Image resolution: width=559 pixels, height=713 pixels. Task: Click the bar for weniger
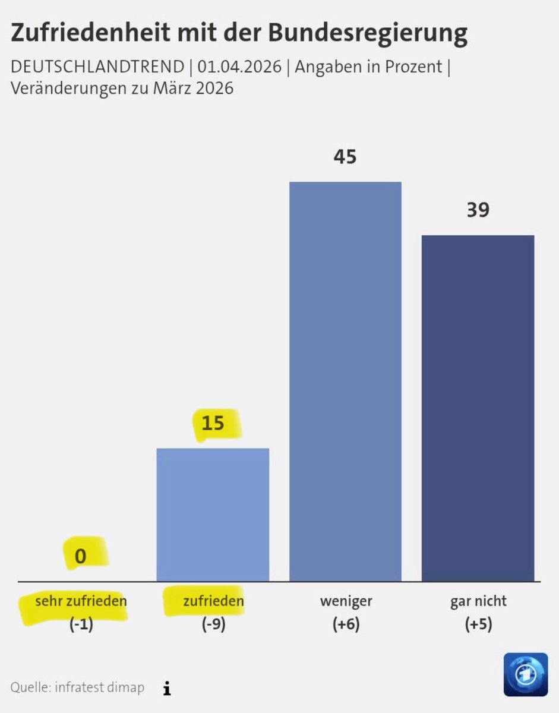click(x=345, y=380)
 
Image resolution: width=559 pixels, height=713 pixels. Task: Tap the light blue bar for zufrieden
click(x=213, y=514)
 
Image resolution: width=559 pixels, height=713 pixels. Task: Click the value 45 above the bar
click(x=345, y=157)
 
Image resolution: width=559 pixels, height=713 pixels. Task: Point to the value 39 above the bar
click(x=478, y=210)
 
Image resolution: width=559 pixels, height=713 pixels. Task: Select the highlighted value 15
click(x=213, y=424)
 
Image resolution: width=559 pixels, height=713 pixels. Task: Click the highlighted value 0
click(x=81, y=556)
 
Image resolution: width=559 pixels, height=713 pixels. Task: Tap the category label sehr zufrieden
click(x=81, y=601)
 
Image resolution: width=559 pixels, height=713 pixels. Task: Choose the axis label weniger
click(x=346, y=601)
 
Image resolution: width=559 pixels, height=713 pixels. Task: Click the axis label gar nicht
click(x=478, y=601)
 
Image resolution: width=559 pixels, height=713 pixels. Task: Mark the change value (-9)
click(x=213, y=625)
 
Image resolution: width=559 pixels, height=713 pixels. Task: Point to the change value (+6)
click(x=346, y=625)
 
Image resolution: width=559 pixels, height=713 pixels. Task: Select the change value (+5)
click(x=478, y=625)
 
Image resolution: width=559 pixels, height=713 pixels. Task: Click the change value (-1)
click(x=81, y=625)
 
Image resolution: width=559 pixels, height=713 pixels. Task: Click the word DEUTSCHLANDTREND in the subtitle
click(x=97, y=67)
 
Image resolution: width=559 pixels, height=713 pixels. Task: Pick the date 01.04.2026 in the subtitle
click(x=239, y=67)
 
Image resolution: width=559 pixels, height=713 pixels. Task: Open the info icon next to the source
click(x=167, y=688)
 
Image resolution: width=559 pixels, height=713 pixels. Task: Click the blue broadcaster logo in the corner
click(x=526, y=674)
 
